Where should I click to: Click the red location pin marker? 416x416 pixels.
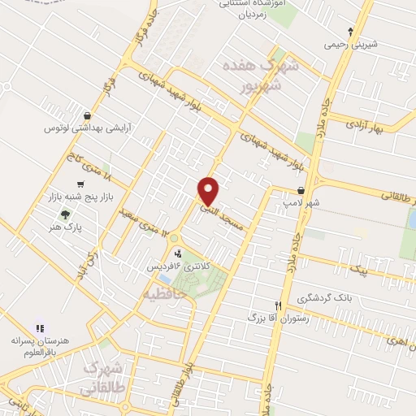pyautogui.click(x=209, y=191)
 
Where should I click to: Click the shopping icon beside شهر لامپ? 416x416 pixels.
pyautogui.click(x=301, y=190)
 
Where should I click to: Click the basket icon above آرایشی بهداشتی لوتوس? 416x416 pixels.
pyautogui.click(x=87, y=115)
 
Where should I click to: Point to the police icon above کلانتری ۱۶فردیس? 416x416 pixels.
pyautogui.click(x=177, y=253)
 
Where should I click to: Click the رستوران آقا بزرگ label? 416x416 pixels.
pyautogui.click(x=278, y=315)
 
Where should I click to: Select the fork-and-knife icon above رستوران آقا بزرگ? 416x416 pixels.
pyautogui.click(x=278, y=302)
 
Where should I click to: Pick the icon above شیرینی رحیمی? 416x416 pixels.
pyautogui.click(x=350, y=32)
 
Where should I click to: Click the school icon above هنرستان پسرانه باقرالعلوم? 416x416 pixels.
pyautogui.click(x=40, y=327)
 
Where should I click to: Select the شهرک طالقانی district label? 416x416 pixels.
pyautogui.click(x=106, y=375)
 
